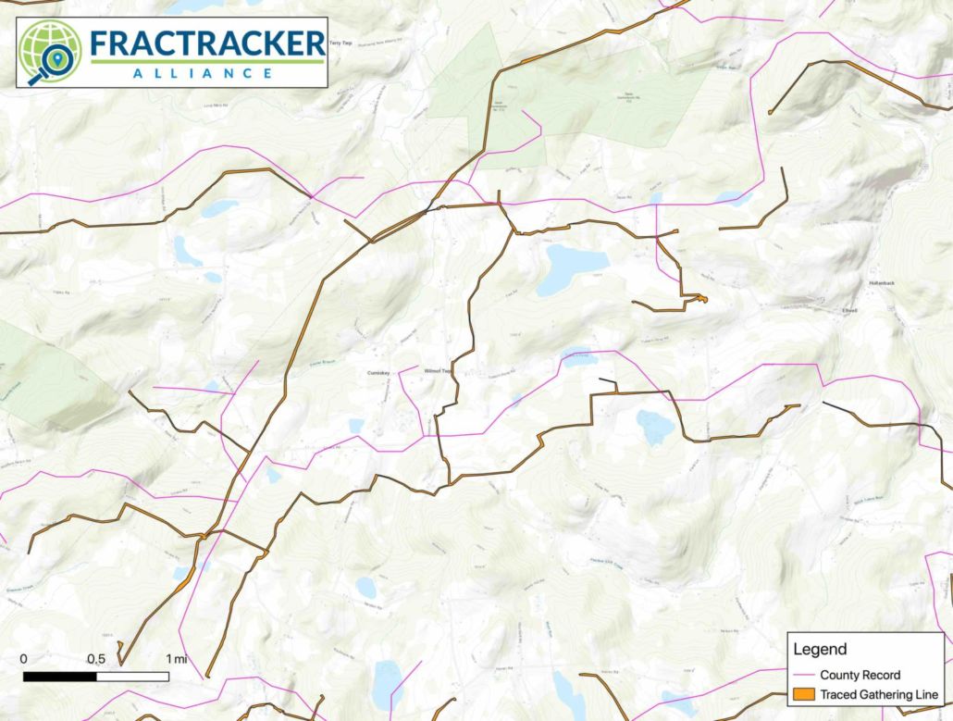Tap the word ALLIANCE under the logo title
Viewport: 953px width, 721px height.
(x=207, y=73)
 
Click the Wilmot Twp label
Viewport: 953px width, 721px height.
(x=436, y=371)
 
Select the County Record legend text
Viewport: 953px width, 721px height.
(x=860, y=675)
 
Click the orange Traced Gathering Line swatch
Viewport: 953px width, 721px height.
(x=803, y=694)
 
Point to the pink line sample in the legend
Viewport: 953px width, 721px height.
(x=803, y=675)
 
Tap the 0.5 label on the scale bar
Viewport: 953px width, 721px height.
(x=95, y=659)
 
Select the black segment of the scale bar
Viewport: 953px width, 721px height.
(x=59, y=677)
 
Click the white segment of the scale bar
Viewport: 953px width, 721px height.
(x=132, y=677)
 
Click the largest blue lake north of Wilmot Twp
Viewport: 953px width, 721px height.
(x=570, y=267)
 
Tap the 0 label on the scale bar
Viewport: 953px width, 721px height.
(x=23, y=659)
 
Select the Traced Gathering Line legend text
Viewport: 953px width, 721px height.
(x=879, y=694)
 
